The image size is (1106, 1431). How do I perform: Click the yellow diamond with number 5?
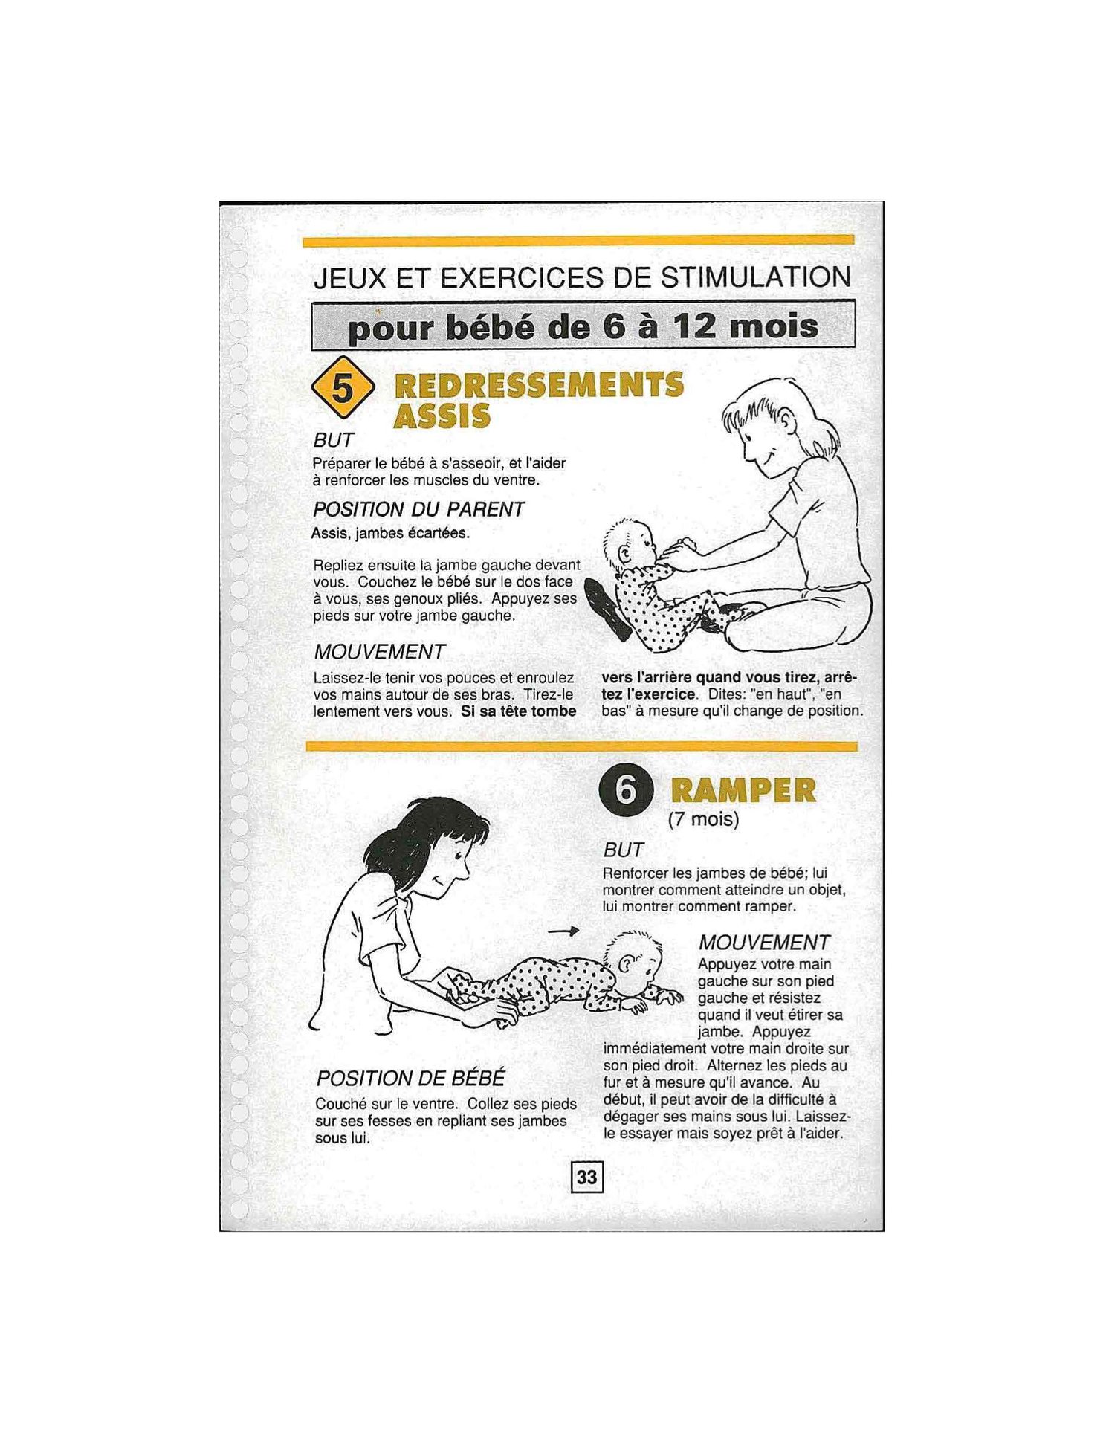click(342, 387)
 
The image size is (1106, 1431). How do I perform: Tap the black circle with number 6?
click(626, 790)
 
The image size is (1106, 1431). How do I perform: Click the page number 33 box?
click(586, 1177)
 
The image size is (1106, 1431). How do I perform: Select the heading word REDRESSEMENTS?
click(538, 385)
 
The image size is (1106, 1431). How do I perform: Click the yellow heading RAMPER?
click(743, 790)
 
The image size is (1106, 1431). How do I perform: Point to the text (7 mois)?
click(703, 819)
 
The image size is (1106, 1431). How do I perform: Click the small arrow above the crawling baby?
click(563, 931)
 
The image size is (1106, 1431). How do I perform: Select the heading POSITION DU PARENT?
click(418, 509)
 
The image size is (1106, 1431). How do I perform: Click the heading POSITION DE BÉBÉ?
click(410, 1078)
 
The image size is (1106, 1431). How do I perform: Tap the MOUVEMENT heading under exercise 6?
click(763, 943)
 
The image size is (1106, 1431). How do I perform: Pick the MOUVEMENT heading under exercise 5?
click(379, 652)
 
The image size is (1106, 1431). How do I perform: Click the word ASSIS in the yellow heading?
click(442, 416)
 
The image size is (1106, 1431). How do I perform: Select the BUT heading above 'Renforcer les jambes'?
click(623, 850)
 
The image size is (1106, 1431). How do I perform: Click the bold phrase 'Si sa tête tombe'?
click(519, 711)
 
